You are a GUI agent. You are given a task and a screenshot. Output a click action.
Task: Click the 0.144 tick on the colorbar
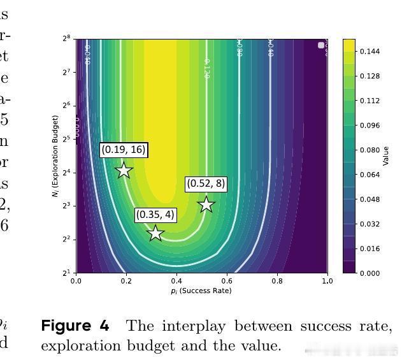tap(370, 52)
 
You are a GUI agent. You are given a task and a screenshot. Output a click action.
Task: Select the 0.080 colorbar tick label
tap(370, 150)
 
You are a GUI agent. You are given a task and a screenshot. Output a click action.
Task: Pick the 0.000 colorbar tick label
tap(370, 273)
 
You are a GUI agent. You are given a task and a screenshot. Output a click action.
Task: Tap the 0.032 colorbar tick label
tap(370, 224)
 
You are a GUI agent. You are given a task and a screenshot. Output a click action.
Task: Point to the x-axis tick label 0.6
tap(227, 281)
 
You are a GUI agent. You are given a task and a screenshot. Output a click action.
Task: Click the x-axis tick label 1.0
tap(327, 281)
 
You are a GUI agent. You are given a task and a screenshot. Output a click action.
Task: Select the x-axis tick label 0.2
tap(126, 281)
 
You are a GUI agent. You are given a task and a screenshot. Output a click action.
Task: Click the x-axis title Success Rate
tap(201, 291)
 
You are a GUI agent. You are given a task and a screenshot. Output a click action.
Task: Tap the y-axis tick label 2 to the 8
tap(66, 39)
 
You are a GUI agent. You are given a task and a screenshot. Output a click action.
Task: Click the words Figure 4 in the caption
tap(75, 326)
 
